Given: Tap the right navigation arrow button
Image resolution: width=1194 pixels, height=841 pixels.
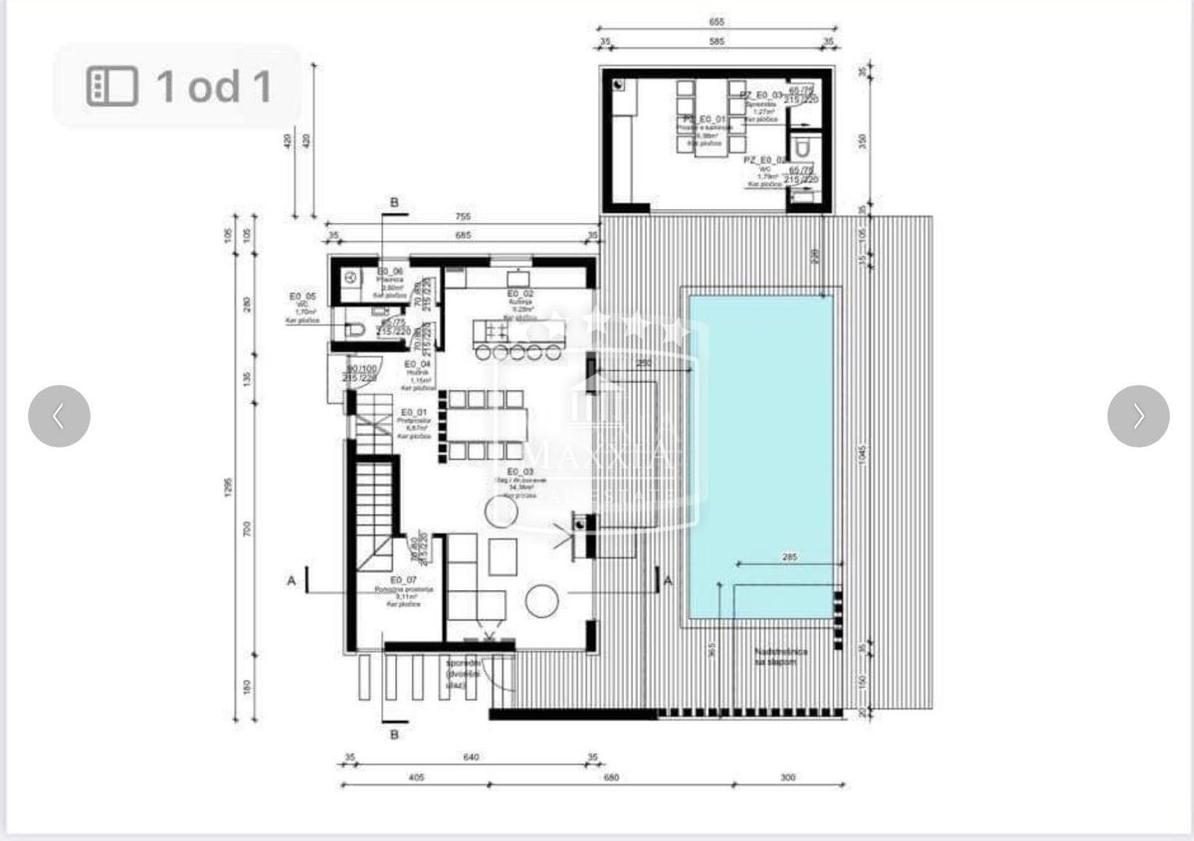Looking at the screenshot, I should coord(1137,416).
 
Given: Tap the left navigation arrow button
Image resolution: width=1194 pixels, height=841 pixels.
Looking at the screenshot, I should coord(59,416).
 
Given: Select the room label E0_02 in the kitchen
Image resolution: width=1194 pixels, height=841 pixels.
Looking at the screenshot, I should coord(520,294).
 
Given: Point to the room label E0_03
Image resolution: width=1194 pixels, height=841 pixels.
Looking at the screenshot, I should coord(519,472).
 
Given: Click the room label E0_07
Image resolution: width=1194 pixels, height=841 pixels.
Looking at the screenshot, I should coord(403,579).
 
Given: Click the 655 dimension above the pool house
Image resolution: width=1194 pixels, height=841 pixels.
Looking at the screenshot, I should coord(716,21).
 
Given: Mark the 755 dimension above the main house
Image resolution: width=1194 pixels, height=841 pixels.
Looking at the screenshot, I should coord(462,216).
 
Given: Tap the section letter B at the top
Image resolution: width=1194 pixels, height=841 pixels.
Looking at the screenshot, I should coord(395,203).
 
